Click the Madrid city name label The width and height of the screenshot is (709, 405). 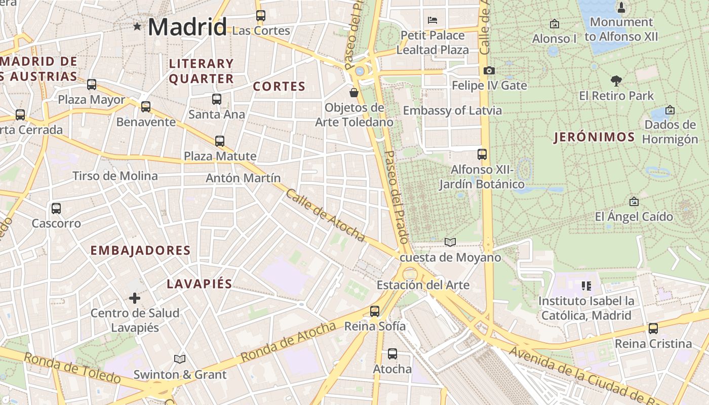pyautogui.click(x=187, y=27)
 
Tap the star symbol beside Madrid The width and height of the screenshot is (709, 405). pyautogui.click(x=137, y=26)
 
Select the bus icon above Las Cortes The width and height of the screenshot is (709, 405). pyautogui.click(x=261, y=16)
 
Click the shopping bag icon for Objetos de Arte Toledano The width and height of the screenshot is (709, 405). pyautogui.click(x=354, y=93)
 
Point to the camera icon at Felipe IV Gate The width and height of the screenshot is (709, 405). pyautogui.click(x=489, y=70)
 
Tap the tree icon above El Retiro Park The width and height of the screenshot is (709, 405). pyautogui.click(x=616, y=80)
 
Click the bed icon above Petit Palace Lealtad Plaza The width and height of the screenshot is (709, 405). pyautogui.click(x=432, y=20)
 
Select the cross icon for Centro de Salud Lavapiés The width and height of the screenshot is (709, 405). pyautogui.click(x=135, y=298)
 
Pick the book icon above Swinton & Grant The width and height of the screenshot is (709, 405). pyautogui.click(x=180, y=359)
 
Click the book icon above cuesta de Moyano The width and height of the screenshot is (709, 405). pyautogui.click(x=450, y=242)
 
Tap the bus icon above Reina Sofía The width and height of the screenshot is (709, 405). pyautogui.click(x=375, y=311)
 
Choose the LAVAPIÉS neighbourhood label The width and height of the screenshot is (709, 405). pyautogui.click(x=200, y=284)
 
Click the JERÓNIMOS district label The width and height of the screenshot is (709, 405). pyautogui.click(x=594, y=137)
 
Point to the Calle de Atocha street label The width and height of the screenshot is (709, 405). pyautogui.click(x=325, y=215)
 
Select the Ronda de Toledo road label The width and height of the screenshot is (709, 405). pyautogui.click(x=72, y=368)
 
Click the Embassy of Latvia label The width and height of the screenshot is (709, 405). pyautogui.click(x=452, y=110)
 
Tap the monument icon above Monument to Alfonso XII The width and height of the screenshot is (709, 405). pyautogui.click(x=621, y=8)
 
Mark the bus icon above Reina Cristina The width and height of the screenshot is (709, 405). pyautogui.click(x=653, y=328)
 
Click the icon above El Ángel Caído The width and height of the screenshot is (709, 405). pyautogui.click(x=634, y=201)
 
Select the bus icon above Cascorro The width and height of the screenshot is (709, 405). pyautogui.click(x=56, y=208)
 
